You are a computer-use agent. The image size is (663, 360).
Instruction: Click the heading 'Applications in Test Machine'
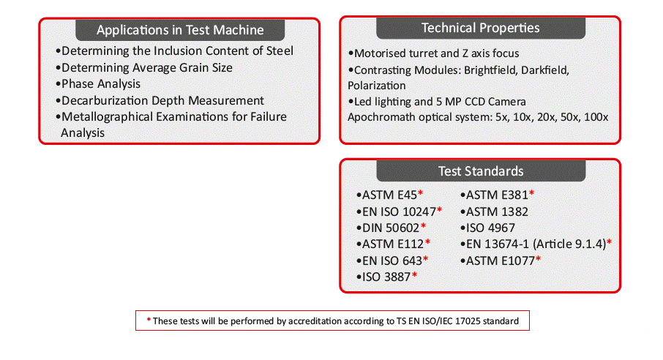(x=180, y=30)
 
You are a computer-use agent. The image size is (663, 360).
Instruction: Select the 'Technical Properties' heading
(x=480, y=28)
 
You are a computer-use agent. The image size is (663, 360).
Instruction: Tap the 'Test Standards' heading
(x=481, y=171)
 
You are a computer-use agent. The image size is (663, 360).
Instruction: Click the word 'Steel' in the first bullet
(x=280, y=50)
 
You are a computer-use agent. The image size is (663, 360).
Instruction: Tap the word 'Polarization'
(x=377, y=86)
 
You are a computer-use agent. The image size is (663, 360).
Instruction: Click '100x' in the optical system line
(x=596, y=117)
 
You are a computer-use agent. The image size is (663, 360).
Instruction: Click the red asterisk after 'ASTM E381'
(x=532, y=193)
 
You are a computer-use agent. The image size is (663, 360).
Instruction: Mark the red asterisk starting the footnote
(x=149, y=320)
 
